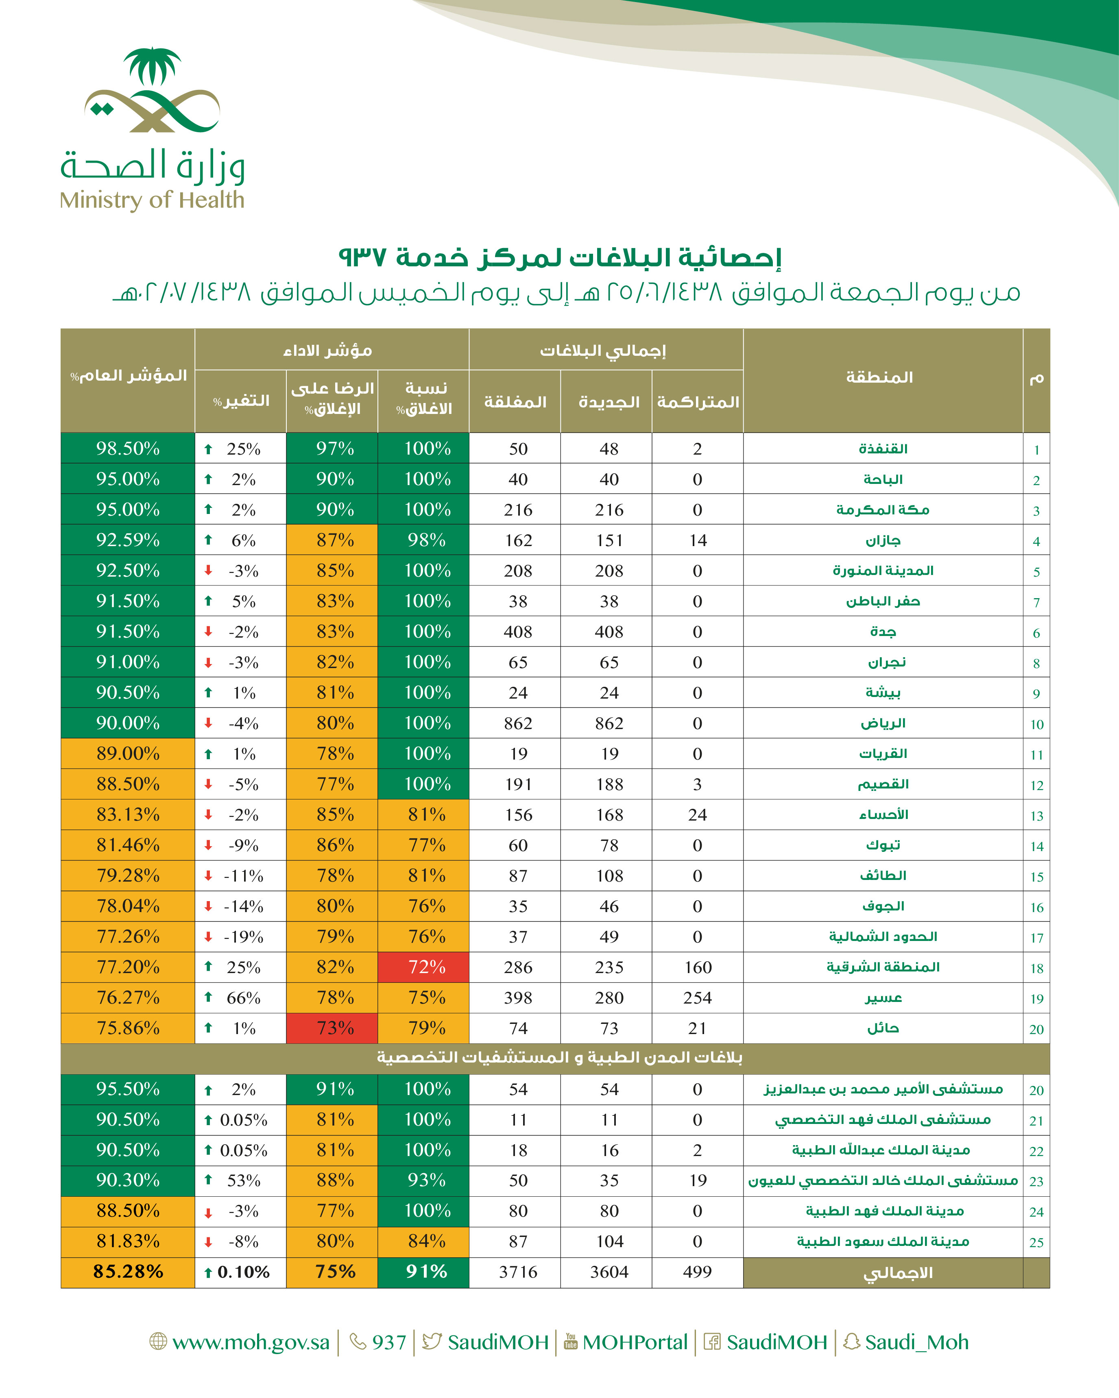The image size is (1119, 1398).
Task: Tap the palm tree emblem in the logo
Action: pos(153,66)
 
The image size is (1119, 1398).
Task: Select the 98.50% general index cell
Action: pos(128,448)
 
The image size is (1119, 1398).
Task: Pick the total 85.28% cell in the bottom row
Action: pos(128,1272)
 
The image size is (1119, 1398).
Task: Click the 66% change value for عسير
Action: pos(243,997)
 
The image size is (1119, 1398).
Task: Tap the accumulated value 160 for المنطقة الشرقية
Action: pos(697,967)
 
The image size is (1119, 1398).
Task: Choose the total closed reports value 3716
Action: pos(518,1272)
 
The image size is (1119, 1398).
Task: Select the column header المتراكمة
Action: pos(698,402)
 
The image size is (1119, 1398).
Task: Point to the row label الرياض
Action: pos(883,723)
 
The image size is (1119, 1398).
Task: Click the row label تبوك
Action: pos(883,845)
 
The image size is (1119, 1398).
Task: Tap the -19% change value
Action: pos(243,936)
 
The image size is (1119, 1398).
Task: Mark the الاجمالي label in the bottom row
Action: pos(898,1273)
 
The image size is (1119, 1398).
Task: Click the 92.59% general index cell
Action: pos(128,540)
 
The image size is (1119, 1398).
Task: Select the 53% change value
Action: pos(243,1180)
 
